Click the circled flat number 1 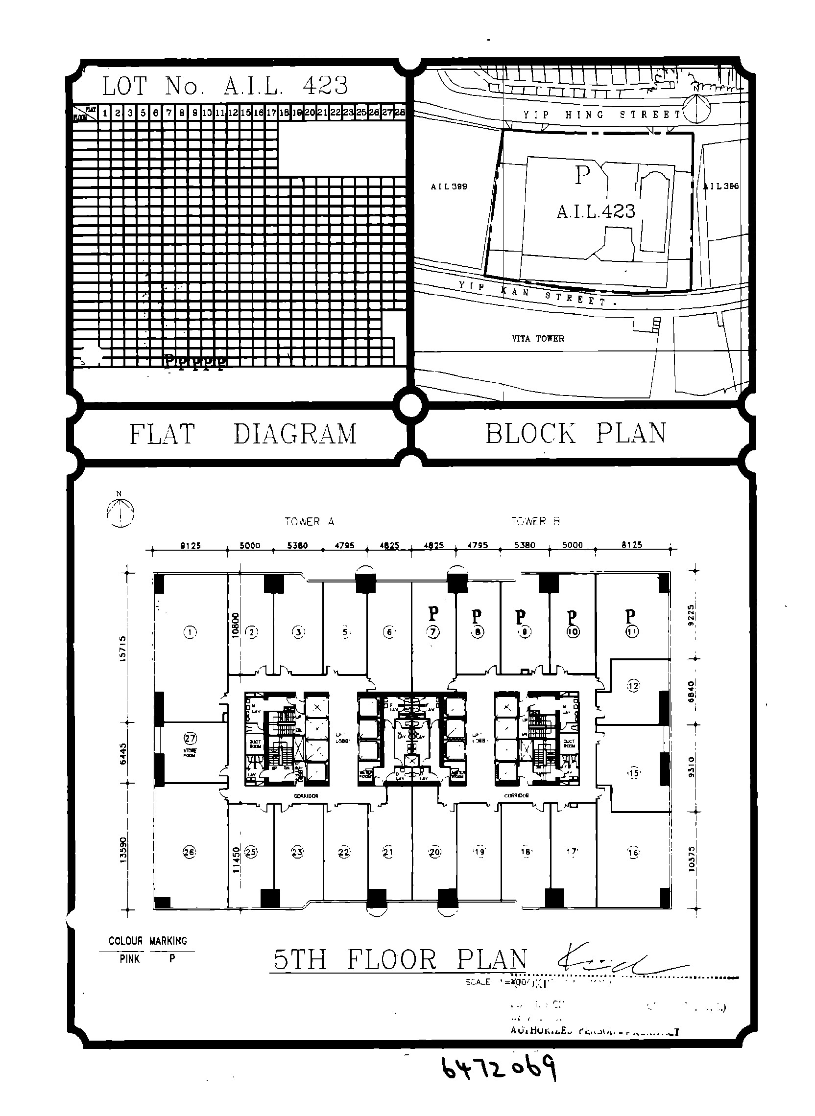point(191,631)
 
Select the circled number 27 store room point(191,738)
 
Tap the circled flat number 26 point(190,852)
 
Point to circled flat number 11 point(632,631)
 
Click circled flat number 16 point(633,852)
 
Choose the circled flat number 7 point(433,631)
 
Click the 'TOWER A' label point(310,521)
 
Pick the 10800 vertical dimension point(236,626)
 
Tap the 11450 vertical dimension point(237,860)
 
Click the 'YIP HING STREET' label point(601,115)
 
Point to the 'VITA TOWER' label point(538,339)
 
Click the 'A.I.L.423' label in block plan point(596,211)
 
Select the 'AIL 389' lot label point(449,187)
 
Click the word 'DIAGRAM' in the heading point(295,434)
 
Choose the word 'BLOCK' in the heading point(530,433)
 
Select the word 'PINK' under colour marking point(130,958)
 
